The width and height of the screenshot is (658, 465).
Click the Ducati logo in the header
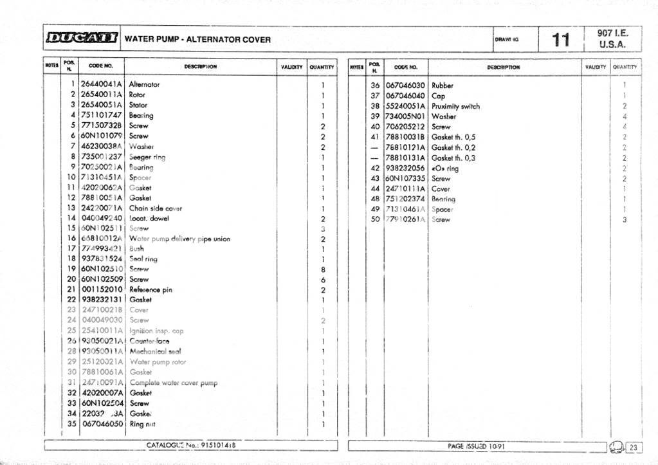[x=81, y=39]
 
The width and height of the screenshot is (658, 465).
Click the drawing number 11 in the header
[x=560, y=40]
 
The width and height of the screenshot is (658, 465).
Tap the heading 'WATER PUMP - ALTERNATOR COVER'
[x=197, y=39]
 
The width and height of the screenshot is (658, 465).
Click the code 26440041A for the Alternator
[x=102, y=84]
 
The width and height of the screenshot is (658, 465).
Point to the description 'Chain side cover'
[x=156, y=208]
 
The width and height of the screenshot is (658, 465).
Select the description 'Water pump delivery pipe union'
[x=179, y=239]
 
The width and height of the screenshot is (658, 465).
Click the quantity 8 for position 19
[x=323, y=269]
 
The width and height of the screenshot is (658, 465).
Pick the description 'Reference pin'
[x=151, y=289]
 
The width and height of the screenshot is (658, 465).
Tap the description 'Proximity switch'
[x=455, y=106]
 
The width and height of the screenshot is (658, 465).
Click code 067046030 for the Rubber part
[x=405, y=86]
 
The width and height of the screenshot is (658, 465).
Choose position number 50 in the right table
[x=376, y=219]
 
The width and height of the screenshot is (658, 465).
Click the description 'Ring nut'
[x=142, y=424]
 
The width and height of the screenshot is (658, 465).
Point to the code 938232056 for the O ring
[x=405, y=168]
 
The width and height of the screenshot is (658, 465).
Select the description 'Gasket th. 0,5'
[x=453, y=137]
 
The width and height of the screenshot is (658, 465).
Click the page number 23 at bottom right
[x=633, y=447]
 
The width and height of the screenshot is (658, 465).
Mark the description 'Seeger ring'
[x=147, y=157]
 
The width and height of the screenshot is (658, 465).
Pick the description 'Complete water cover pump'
[x=173, y=383]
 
